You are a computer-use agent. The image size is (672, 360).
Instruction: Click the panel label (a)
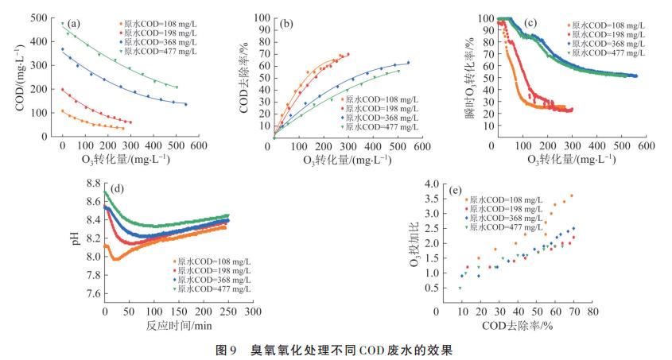(73, 23)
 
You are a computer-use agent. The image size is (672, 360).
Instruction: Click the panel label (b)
(286, 23)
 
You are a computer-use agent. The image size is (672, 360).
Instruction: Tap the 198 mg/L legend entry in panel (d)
(209, 270)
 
